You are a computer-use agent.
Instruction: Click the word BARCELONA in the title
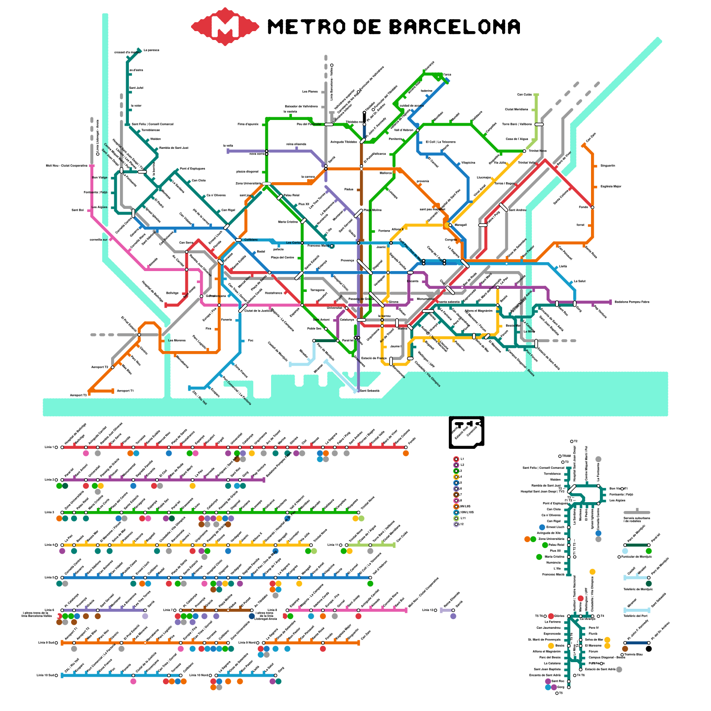pyautogui.click(x=455, y=27)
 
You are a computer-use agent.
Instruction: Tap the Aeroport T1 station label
pyautogui.click(x=125, y=391)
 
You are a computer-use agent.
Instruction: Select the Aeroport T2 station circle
pyautogui.click(x=112, y=367)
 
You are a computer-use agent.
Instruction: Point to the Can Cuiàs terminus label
pyautogui.click(x=524, y=95)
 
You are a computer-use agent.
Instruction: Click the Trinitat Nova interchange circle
pyautogui.click(x=524, y=151)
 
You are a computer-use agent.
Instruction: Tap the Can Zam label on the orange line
pyautogui.click(x=591, y=137)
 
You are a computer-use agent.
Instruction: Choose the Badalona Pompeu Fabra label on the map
pyautogui.click(x=631, y=302)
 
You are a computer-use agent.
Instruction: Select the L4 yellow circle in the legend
pyautogui.click(x=456, y=477)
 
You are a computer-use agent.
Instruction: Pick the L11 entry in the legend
pyautogui.click(x=463, y=518)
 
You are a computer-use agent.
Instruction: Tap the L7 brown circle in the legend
pyautogui.click(x=456, y=495)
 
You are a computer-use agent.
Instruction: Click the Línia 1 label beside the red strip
pyautogui.click(x=49, y=447)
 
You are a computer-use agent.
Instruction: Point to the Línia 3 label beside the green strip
pyautogui.click(x=49, y=512)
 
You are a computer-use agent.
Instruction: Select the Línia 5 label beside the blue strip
pyautogui.click(x=49, y=577)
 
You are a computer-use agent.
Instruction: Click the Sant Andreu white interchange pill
pyautogui.click(x=503, y=207)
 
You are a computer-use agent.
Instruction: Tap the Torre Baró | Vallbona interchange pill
pyautogui.click(x=539, y=124)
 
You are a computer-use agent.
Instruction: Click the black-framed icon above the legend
pyautogui.click(x=466, y=431)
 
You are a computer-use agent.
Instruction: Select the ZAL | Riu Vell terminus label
pyautogui.click(x=199, y=397)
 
